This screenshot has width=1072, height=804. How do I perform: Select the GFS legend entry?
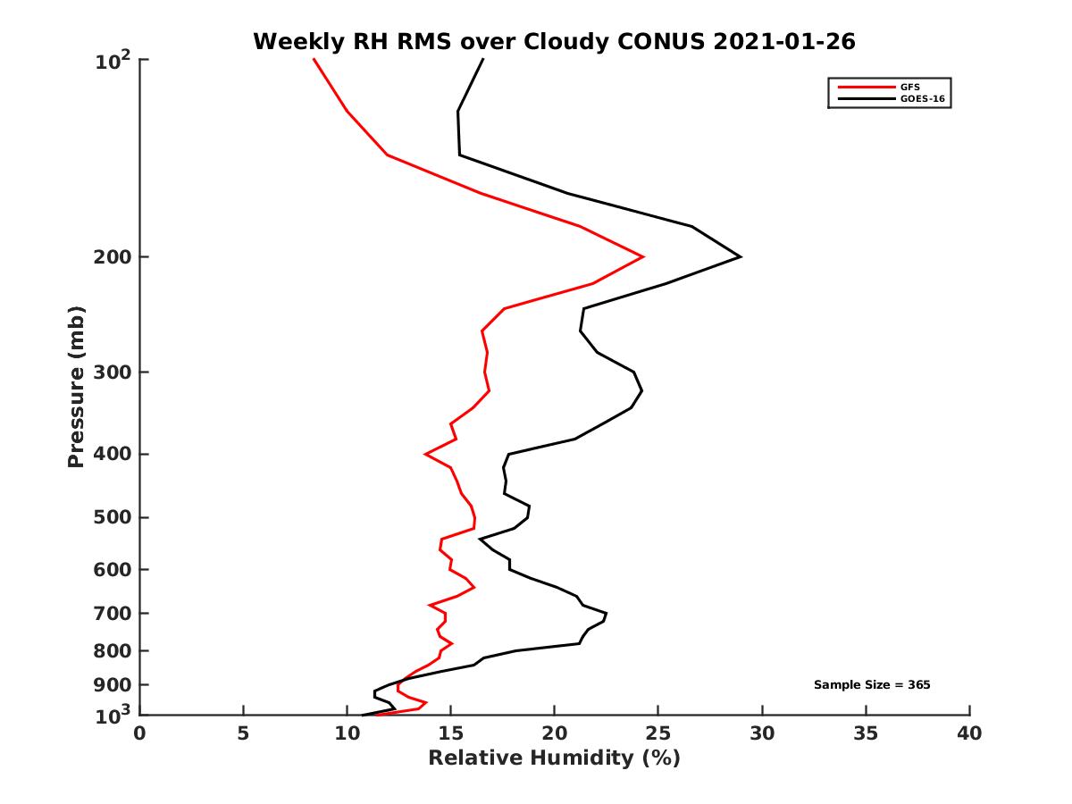tap(912, 87)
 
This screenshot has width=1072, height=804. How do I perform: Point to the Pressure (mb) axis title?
tap(76, 387)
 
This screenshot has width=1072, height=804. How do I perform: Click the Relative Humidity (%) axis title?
tap(554, 758)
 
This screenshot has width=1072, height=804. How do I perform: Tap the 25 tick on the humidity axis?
tap(658, 734)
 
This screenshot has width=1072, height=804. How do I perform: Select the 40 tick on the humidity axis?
tap(969, 734)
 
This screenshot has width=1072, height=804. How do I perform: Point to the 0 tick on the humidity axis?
tap(140, 734)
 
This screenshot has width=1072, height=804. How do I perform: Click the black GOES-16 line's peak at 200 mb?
tap(741, 257)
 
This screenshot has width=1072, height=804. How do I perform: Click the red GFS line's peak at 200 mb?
tap(643, 257)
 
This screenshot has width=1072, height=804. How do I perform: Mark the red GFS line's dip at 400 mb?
tap(425, 455)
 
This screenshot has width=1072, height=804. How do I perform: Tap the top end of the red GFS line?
tap(314, 60)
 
